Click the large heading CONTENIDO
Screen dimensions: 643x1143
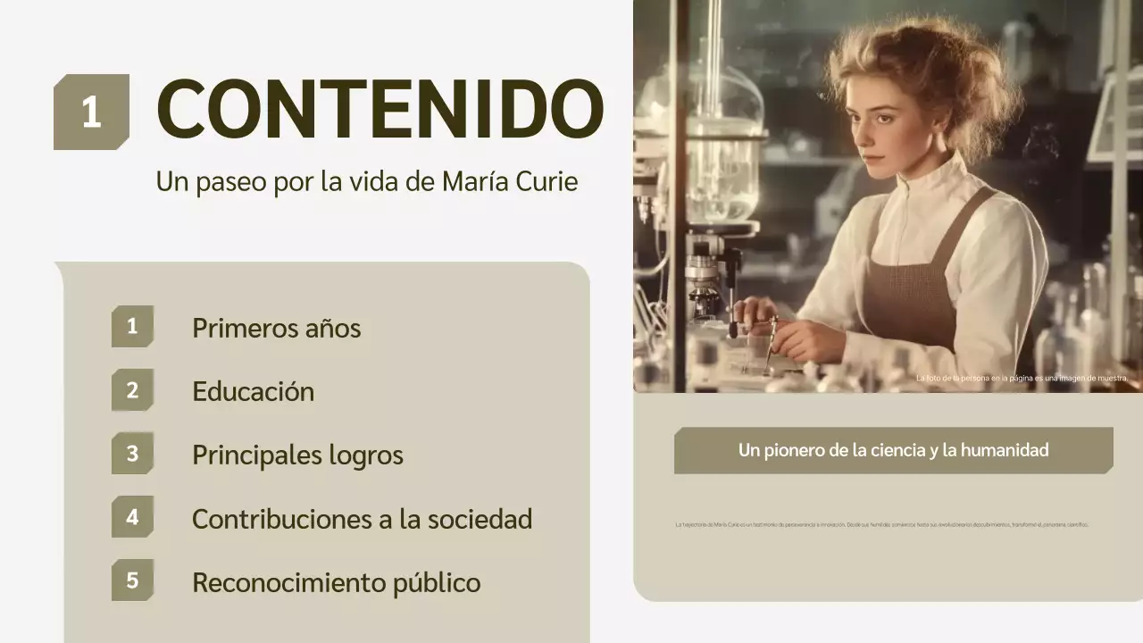tap(380, 111)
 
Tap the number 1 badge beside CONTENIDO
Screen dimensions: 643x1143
tap(91, 113)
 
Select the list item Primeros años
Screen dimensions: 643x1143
tap(276, 328)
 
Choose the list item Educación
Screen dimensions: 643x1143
tap(253, 391)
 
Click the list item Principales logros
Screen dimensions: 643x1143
tap(297, 455)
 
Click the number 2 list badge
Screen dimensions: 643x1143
tap(132, 390)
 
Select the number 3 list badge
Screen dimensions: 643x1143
tap(132, 454)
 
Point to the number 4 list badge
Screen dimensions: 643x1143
tap(132, 517)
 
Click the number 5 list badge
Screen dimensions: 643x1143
tap(132, 580)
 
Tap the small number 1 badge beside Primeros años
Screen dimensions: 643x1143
tap(132, 327)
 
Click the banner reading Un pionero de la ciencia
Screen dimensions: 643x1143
tap(893, 450)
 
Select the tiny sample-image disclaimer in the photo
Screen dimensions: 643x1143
tap(1022, 379)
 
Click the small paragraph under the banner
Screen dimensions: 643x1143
tap(882, 525)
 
